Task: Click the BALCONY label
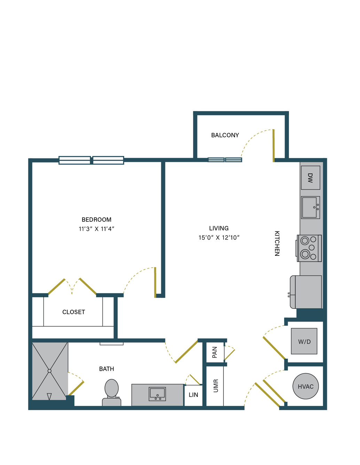(x=225, y=135)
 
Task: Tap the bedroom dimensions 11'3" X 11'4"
(x=96, y=229)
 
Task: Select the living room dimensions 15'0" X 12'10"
(x=219, y=237)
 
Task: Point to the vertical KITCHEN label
(x=277, y=243)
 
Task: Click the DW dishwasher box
(x=310, y=178)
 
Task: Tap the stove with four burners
(x=309, y=248)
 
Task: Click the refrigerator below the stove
(x=306, y=292)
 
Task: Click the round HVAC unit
(x=305, y=386)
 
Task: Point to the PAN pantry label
(x=215, y=352)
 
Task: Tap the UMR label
(x=216, y=386)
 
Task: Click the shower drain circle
(x=49, y=371)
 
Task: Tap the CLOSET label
(x=73, y=312)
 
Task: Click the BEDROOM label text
(x=96, y=220)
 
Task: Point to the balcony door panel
(x=273, y=146)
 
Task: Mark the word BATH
(x=107, y=369)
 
